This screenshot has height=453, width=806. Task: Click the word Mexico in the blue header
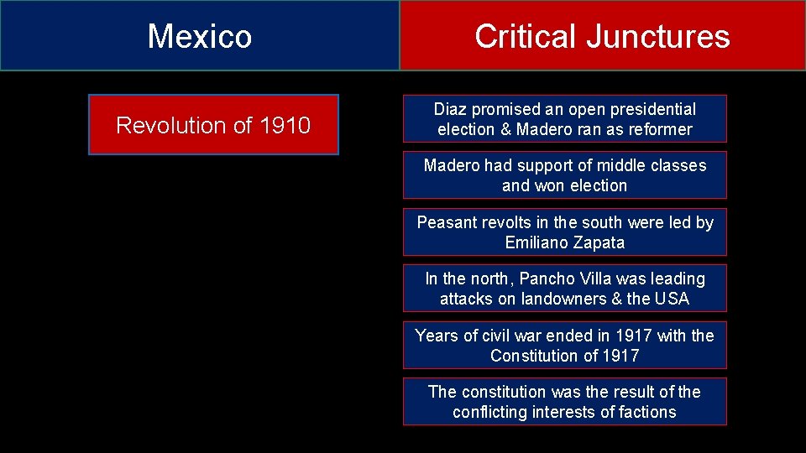coord(200,36)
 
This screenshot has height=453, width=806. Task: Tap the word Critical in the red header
coord(524,36)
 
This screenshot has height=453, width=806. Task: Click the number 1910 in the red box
coord(285,126)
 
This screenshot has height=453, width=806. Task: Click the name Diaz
coord(452,109)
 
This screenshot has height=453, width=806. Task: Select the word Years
coord(436,336)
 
